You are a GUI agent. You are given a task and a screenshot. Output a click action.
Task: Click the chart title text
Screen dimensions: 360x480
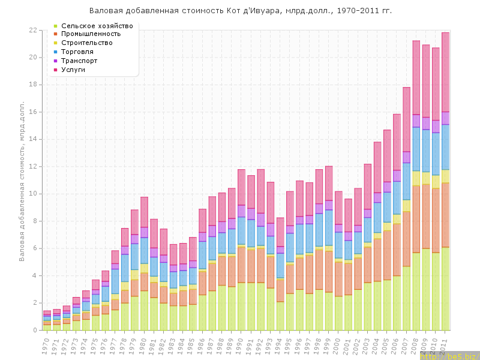point(240,11)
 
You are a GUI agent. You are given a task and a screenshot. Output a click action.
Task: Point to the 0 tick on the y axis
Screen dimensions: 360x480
point(35,331)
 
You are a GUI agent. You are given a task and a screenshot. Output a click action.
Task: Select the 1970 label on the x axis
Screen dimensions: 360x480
point(46,344)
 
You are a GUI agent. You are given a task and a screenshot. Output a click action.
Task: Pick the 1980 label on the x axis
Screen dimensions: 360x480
point(143,344)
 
